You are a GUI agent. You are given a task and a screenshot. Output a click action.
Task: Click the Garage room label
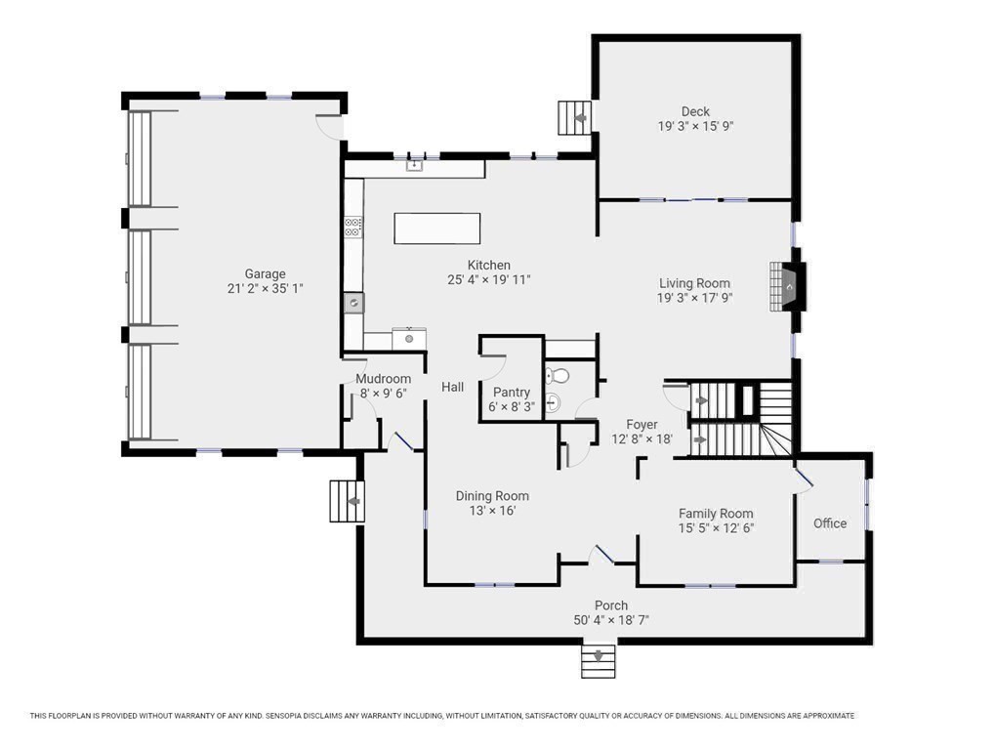point(265,273)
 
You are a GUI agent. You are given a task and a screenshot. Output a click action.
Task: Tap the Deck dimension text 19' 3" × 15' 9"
point(695,126)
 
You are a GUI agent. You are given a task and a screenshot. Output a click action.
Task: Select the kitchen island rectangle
point(436,229)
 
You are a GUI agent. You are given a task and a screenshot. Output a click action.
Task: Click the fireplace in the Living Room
point(787,286)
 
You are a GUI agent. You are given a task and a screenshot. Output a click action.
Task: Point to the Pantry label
point(512,393)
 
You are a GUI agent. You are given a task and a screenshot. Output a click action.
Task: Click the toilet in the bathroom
point(558,375)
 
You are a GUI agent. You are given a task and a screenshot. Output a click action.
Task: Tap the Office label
point(830,523)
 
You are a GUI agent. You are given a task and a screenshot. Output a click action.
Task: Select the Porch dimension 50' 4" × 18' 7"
point(611,620)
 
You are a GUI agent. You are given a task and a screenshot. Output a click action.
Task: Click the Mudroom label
point(383,379)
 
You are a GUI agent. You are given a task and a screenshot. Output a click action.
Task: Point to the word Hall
point(453,387)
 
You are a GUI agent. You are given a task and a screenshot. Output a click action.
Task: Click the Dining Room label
point(492,496)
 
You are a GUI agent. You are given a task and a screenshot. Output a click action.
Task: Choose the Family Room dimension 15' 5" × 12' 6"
point(716,528)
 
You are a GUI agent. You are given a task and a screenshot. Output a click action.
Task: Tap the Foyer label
point(642,424)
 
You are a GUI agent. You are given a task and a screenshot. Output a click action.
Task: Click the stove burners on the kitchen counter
point(353,227)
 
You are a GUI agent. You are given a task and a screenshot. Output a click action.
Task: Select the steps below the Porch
point(599,661)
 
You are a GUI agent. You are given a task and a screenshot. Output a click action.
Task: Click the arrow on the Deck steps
point(579,118)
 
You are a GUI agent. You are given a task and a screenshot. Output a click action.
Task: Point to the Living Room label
point(695,283)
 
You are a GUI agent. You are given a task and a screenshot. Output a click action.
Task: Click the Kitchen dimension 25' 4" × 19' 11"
point(489,279)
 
